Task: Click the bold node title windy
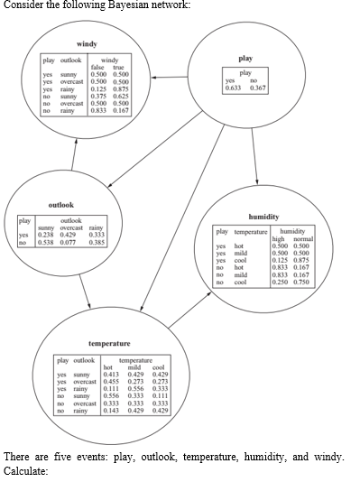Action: coord(88,43)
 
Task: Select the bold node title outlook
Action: coord(60,204)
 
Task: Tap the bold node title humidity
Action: coord(263,217)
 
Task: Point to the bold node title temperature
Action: coord(109,344)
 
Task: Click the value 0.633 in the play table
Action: coord(233,87)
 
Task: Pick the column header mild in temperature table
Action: coord(136,366)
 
